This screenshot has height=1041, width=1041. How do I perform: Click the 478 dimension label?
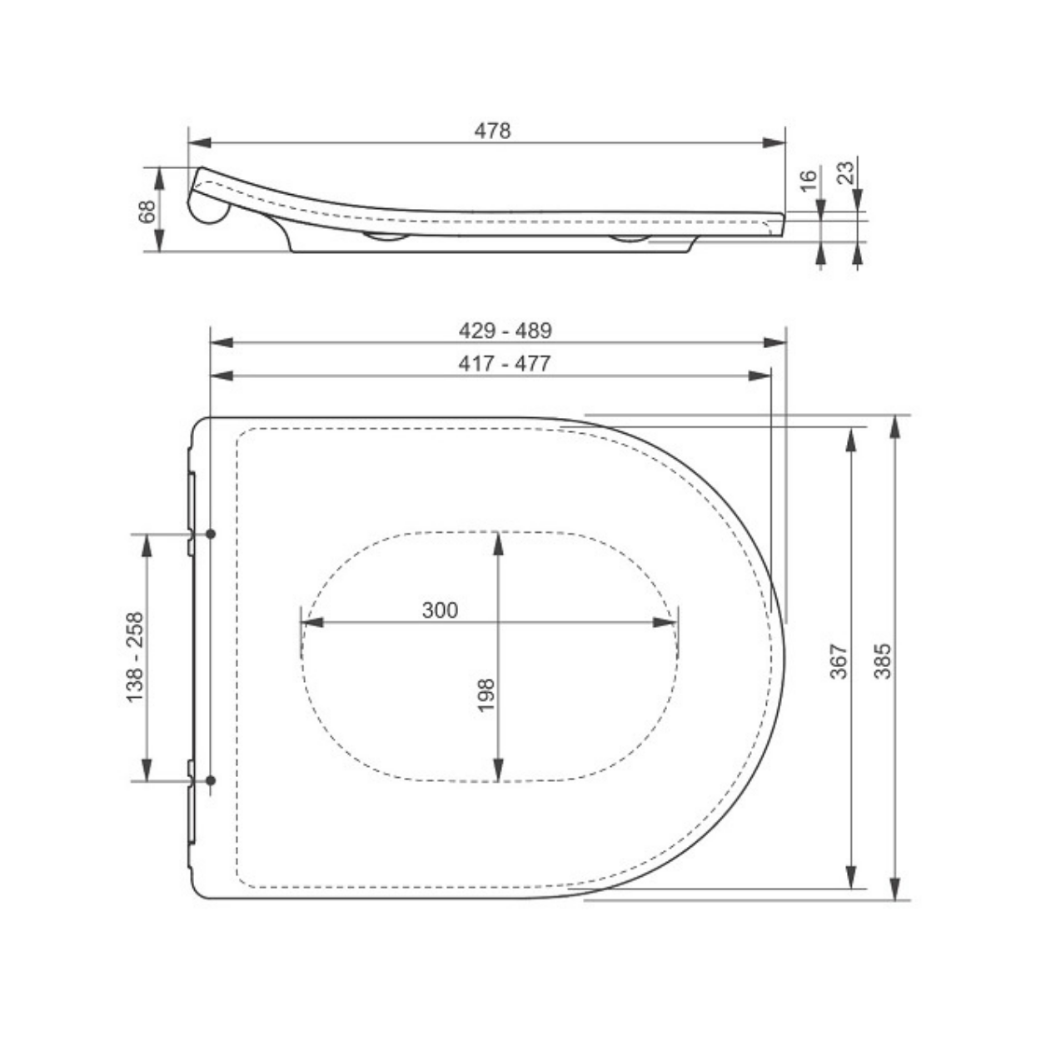click(x=492, y=132)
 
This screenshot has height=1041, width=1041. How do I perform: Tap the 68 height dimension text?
click(x=147, y=212)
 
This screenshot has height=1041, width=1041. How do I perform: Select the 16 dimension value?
click(x=808, y=181)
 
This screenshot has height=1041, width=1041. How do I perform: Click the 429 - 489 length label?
click(x=506, y=331)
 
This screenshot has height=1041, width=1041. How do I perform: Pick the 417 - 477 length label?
click(x=505, y=364)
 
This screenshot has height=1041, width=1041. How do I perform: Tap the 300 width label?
click(x=440, y=610)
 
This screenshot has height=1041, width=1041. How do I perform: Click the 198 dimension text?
click(x=486, y=695)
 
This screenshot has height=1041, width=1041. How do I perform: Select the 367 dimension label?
click(x=839, y=661)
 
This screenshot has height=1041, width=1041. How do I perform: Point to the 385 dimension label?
click(x=882, y=661)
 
